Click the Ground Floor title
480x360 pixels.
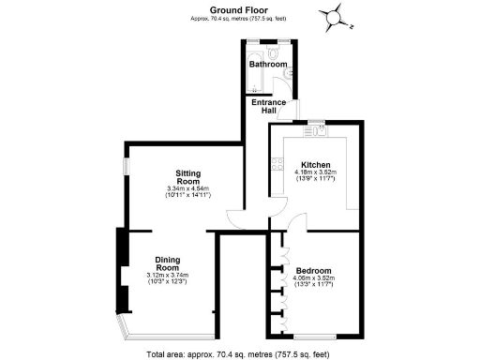[x=239, y=8]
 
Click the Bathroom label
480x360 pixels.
[x=267, y=64]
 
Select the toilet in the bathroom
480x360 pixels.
[x=272, y=52]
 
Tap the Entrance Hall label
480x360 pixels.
[x=268, y=106]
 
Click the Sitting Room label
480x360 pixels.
[x=188, y=177]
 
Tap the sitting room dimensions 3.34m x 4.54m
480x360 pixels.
[x=188, y=190]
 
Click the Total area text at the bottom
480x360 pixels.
[x=239, y=353]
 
